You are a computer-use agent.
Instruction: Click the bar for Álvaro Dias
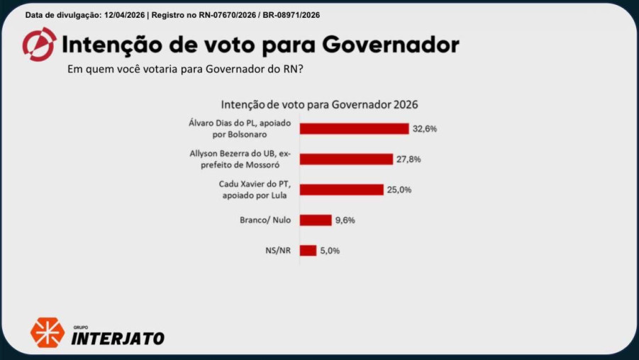click(x=354, y=128)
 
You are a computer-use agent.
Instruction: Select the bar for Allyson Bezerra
click(x=346, y=159)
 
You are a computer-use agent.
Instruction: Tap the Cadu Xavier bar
click(x=342, y=189)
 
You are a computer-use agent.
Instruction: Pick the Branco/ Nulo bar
click(x=316, y=220)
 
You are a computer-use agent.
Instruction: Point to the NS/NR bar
click(x=308, y=250)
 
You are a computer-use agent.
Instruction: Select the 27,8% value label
click(x=409, y=159)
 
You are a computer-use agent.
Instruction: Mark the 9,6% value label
click(x=345, y=220)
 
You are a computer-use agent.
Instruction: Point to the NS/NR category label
click(x=277, y=250)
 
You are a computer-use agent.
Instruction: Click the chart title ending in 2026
click(x=319, y=104)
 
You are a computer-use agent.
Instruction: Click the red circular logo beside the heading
click(x=39, y=45)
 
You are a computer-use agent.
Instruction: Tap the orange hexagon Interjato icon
click(x=47, y=332)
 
